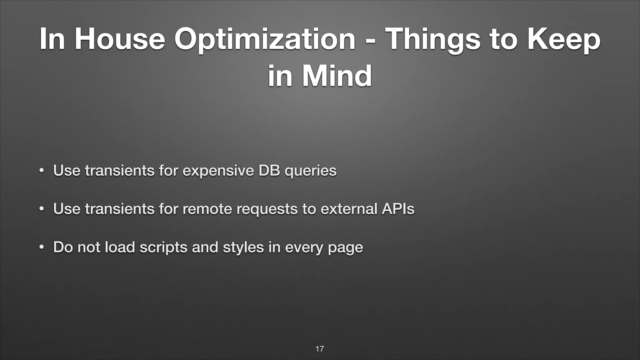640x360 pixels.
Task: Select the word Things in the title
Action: (432, 40)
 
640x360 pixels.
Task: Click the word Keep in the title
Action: (564, 40)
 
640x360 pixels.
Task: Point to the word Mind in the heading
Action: (337, 76)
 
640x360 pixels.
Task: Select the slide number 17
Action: (320, 349)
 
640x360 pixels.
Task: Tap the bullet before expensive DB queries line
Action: (41, 171)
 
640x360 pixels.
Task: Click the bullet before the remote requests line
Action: (41, 209)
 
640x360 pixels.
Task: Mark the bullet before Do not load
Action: (41, 247)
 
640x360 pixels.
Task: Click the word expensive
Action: (218, 171)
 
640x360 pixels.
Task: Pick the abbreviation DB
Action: (269, 170)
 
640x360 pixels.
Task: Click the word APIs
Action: (398, 209)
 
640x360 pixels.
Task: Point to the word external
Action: (349, 209)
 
